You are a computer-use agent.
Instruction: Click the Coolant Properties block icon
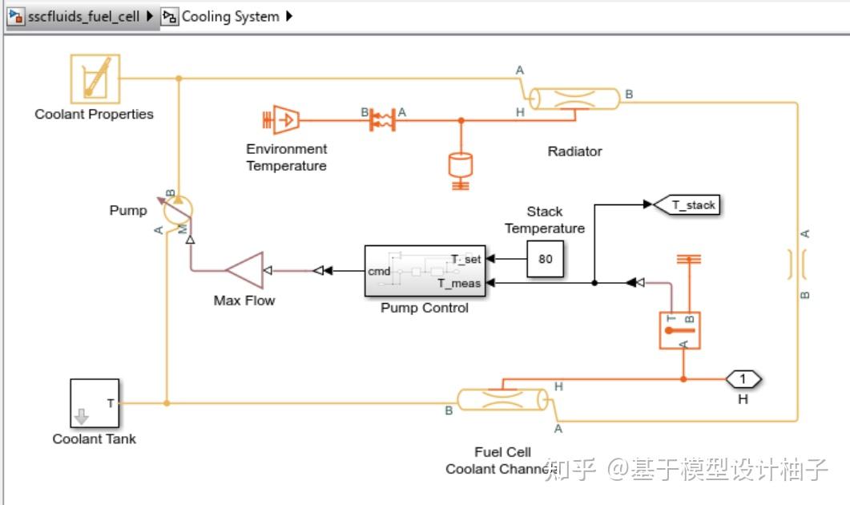[x=95, y=78]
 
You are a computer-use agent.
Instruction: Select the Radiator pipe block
[x=575, y=99]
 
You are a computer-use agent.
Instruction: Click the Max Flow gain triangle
[x=246, y=270]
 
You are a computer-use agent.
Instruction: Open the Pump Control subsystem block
[x=425, y=271]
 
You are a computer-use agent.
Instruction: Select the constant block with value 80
[x=546, y=259]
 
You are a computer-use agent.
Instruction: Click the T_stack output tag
[x=687, y=205]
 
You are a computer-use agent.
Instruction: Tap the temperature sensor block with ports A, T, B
[x=679, y=329]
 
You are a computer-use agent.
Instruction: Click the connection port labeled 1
[x=743, y=378]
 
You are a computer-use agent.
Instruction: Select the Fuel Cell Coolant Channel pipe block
[x=503, y=399]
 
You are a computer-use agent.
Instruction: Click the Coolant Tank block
[x=94, y=403]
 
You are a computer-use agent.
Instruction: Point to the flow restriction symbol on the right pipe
[x=798, y=263]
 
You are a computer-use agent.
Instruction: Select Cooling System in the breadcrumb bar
[x=230, y=16]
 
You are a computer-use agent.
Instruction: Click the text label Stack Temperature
[x=545, y=220]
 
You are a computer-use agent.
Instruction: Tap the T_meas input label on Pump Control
[x=459, y=283]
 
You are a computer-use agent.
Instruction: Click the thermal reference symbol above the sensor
[x=689, y=259]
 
